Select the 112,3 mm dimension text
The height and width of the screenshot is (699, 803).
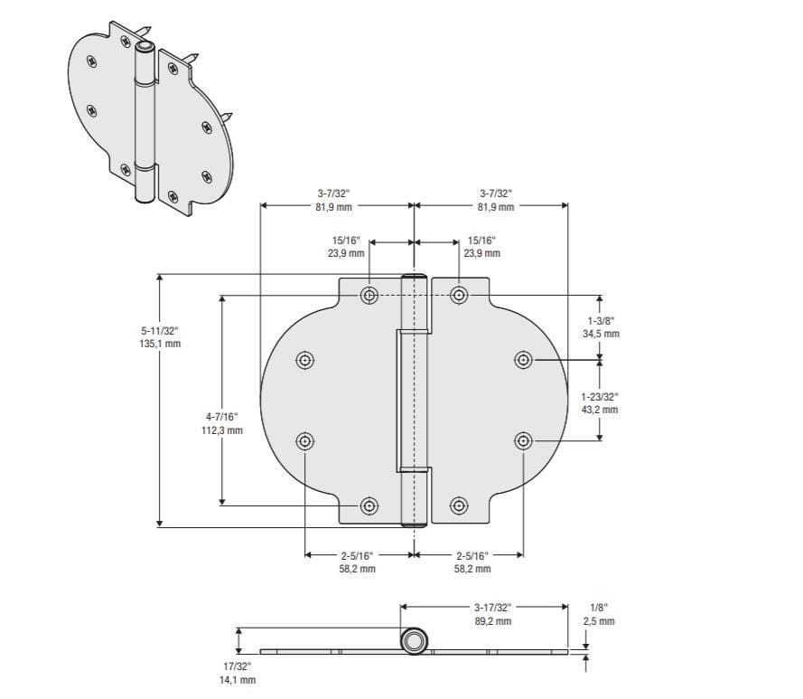[x=222, y=430]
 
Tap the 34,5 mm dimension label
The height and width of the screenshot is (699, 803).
[x=601, y=334]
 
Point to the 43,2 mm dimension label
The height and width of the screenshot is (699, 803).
[x=600, y=410]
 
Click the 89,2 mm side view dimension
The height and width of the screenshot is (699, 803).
[x=492, y=621]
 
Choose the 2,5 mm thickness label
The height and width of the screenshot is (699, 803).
[x=599, y=621]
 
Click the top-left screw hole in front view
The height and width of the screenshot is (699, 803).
[x=369, y=295]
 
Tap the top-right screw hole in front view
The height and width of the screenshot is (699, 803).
[x=459, y=295]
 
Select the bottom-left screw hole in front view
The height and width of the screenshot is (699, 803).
[x=369, y=505]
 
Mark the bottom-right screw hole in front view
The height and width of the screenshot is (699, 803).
[x=459, y=505]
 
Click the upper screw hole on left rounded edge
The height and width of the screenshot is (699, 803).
[x=305, y=360]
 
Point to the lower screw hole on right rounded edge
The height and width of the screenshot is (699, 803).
[x=523, y=440]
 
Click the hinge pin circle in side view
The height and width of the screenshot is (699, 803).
[x=414, y=642]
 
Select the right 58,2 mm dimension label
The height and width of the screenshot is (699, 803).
[x=472, y=569]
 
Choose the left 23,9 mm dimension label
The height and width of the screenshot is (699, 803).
[x=346, y=254]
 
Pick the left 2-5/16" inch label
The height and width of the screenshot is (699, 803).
[x=357, y=555]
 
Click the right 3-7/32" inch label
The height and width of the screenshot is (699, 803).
[x=495, y=194]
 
